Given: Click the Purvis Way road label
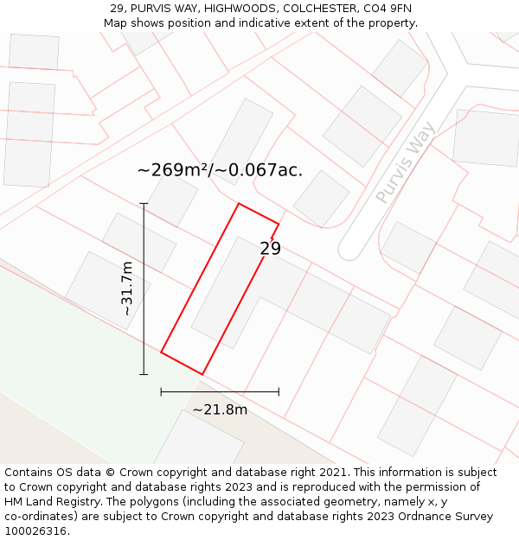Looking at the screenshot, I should click(x=406, y=162).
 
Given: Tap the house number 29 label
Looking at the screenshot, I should click(x=271, y=249).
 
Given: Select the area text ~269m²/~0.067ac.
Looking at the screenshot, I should click(x=220, y=170).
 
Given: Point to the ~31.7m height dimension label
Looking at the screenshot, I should click(x=127, y=289).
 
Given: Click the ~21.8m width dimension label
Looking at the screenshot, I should click(x=220, y=410).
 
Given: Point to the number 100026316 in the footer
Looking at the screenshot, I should click(x=35, y=531).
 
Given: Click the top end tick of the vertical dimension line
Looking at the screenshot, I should click(x=144, y=204).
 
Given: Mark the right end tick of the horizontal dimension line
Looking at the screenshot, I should click(x=279, y=391).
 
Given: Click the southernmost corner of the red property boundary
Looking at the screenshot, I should click(x=202, y=374).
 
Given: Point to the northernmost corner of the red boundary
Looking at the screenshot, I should click(x=239, y=204).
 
